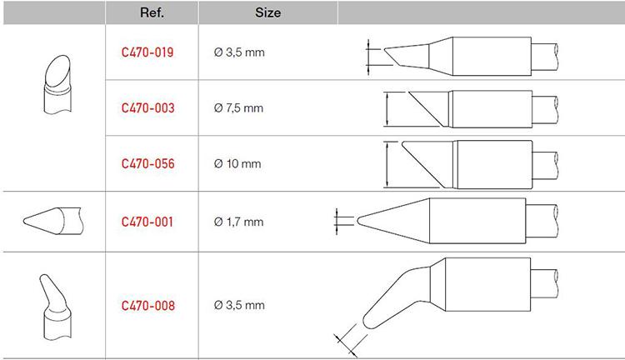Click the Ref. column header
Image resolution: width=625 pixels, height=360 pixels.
click(x=152, y=12)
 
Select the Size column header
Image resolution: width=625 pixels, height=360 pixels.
click(x=267, y=12)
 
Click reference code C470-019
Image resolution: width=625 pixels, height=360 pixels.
click(x=147, y=52)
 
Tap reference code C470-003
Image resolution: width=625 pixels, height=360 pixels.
click(x=147, y=108)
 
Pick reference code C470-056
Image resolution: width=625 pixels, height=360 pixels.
click(x=147, y=163)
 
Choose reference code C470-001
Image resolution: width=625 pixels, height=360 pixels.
click(x=147, y=222)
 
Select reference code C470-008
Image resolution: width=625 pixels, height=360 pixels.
click(x=147, y=305)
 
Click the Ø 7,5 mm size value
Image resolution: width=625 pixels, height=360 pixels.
click(x=238, y=108)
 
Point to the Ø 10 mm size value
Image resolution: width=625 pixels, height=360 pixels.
click(x=237, y=163)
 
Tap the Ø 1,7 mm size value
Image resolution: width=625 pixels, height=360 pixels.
click(x=238, y=222)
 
